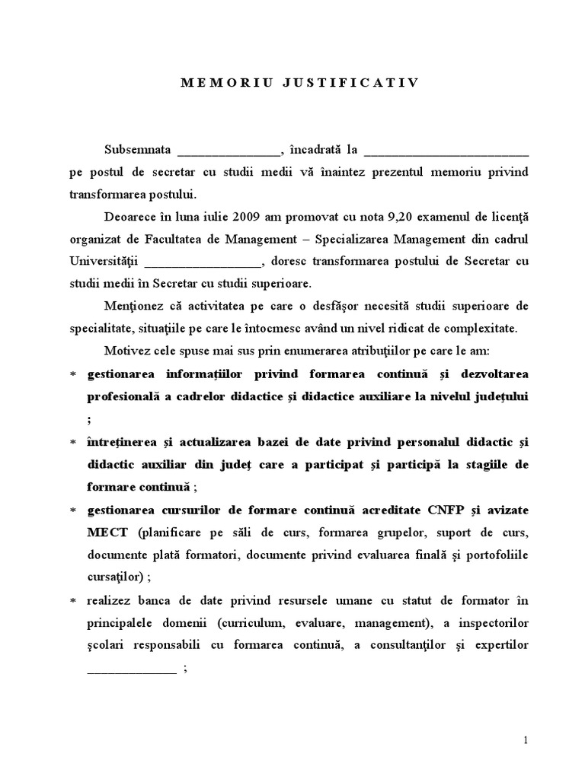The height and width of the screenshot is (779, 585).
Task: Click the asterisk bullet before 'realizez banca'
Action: (x=73, y=602)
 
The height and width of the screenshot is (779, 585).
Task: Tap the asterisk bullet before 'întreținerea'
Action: (x=73, y=443)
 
